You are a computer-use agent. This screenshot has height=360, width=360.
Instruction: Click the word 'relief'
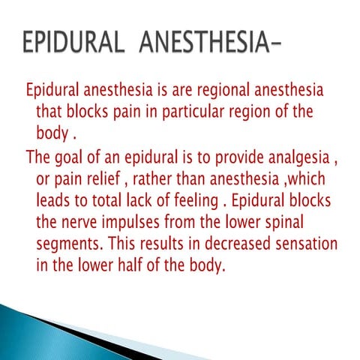pyautogui.click(x=107, y=181)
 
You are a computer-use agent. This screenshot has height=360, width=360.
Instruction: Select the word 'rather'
pyautogui.click(x=161, y=181)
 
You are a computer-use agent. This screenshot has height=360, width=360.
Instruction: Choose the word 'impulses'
pyautogui.click(x=140, y=224)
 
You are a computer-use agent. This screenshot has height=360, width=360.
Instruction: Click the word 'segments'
pyautogui.click(x=70, y=245)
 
